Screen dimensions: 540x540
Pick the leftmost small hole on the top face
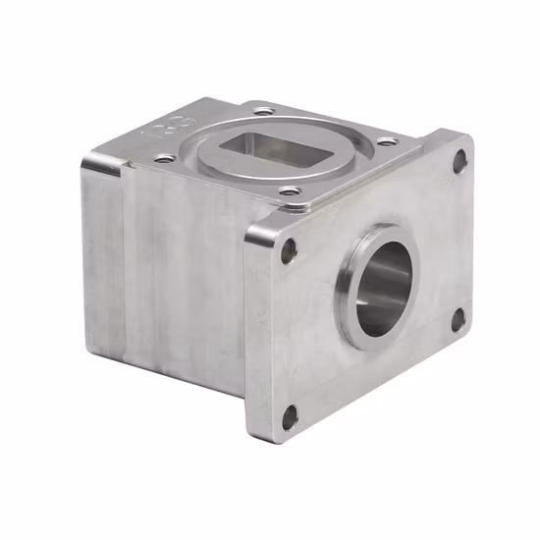[x=163, y=157]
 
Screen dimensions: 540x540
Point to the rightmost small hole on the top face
[x=388, y=141]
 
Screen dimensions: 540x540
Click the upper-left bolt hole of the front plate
[x=289, y=251]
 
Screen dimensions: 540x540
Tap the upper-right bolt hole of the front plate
[x=458, y=162]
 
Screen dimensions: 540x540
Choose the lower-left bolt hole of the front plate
[x=290, y=417]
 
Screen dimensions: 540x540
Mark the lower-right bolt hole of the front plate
[x=458, y=318]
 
